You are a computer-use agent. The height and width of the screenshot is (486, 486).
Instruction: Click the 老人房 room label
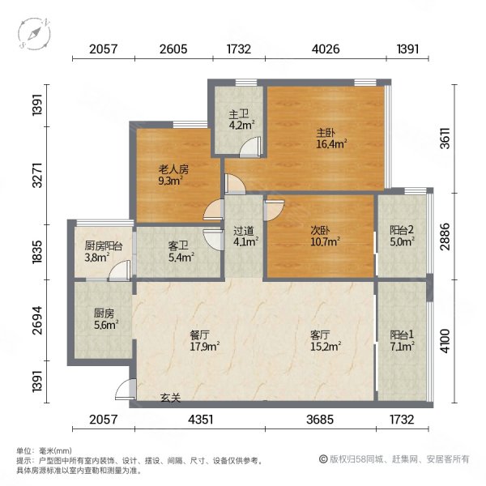[x=173, y=176]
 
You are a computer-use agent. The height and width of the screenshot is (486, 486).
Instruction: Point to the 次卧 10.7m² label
[x=322, y=235]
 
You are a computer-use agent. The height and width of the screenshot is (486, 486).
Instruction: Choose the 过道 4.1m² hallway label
[x=245, y=235]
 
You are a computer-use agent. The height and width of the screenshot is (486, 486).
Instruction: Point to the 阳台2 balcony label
[x=402, y=234]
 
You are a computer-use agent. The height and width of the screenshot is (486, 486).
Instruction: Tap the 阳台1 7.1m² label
[x=402, y=340]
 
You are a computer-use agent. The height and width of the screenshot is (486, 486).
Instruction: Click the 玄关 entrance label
[x=169, y=398]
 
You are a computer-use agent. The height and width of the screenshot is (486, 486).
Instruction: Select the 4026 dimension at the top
[x=326, y=49]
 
